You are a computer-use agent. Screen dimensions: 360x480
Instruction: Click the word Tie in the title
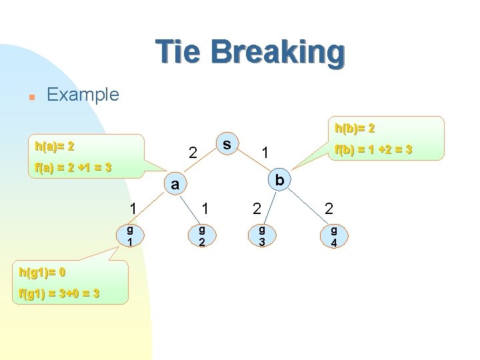177,52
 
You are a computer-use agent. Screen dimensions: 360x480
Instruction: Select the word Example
83,95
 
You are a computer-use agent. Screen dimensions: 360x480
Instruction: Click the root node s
227,144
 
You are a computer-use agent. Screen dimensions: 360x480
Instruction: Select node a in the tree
175,185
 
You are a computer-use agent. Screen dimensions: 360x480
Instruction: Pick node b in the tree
279,180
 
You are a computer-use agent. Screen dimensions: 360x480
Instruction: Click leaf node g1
131,235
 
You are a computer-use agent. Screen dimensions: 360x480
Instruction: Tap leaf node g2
201,235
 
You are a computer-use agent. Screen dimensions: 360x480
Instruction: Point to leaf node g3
262,235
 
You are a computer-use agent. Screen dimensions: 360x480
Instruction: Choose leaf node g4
333,235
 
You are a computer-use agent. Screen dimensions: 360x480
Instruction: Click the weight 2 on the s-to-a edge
192,153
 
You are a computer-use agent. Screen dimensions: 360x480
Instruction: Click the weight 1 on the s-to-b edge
265,153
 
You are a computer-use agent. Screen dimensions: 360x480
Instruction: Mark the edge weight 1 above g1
133,209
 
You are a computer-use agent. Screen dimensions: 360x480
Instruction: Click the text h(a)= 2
55,145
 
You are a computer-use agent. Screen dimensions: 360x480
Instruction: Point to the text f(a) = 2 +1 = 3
73,167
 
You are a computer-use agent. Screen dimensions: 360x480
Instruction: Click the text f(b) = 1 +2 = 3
373,149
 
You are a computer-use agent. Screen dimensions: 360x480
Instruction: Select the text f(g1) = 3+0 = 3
59,293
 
